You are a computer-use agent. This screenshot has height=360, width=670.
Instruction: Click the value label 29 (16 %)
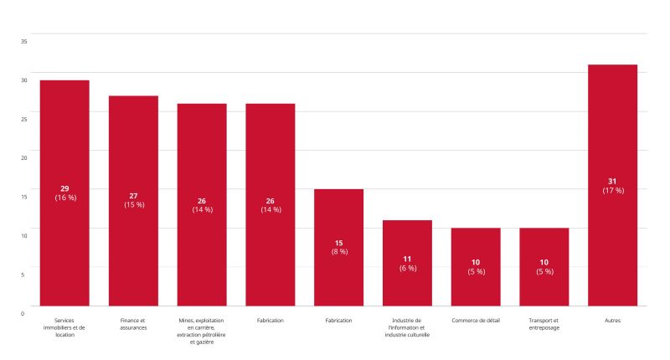point(64,193)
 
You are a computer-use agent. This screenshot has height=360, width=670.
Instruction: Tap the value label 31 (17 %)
point(612,186)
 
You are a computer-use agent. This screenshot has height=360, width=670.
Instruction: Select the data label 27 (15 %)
point(133,200)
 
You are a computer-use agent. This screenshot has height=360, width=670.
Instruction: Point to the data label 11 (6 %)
point(407,263)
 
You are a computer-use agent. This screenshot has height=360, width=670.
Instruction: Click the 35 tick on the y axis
point(23,41)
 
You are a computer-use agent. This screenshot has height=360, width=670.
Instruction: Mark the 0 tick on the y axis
point(23,313)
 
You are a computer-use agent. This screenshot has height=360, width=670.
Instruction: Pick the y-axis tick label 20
point(23,157)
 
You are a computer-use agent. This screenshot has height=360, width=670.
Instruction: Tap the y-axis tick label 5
point(23,274)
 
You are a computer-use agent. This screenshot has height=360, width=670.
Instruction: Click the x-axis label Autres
point(612,321)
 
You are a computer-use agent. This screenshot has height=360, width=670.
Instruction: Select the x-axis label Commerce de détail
point(476,321)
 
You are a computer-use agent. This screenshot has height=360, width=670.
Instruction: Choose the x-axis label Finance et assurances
point(133,324)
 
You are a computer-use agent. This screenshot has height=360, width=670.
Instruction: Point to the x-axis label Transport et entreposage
point(544,324)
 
